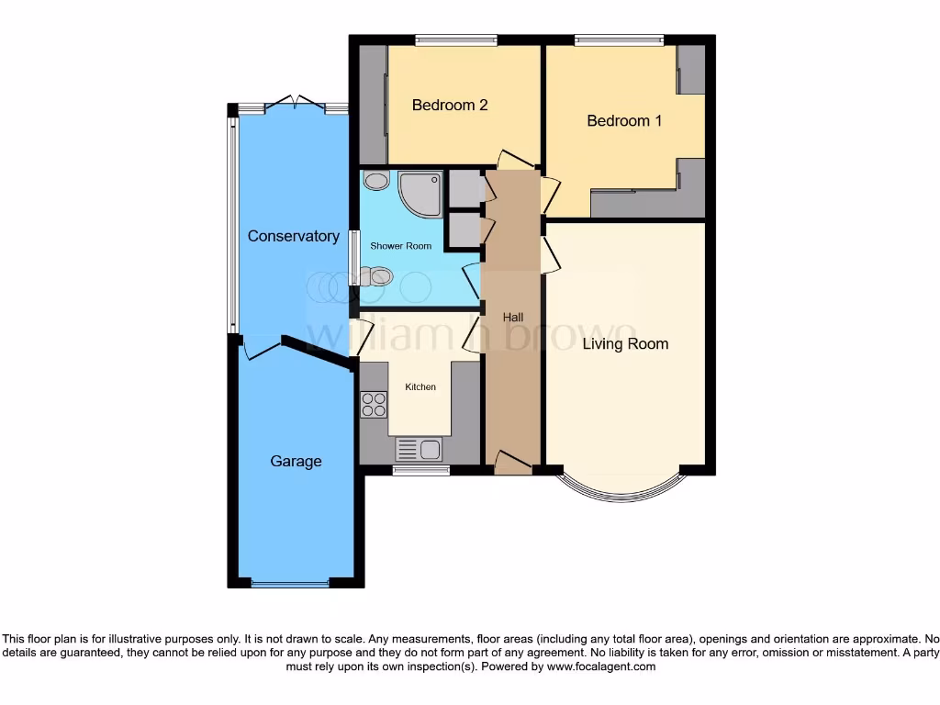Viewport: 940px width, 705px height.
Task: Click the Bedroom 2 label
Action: point(449,105)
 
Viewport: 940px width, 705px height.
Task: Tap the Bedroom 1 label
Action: point(624,120)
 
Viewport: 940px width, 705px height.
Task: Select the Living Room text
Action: point(625,344)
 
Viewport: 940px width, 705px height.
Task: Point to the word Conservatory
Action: point(293,236)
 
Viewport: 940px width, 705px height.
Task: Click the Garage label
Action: point(296,461)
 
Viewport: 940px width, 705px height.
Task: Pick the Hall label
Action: point(512,318)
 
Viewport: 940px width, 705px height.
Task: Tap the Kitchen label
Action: point(420,387)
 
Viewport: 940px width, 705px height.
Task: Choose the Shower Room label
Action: point(400,246)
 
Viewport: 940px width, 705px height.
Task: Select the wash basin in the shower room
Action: point(375,181)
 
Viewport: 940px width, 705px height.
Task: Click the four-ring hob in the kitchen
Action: point(374,405)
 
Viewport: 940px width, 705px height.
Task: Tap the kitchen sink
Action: point(419,449)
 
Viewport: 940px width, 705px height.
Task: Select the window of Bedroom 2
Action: point(455,39)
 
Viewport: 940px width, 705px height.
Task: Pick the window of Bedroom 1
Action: point(620,39)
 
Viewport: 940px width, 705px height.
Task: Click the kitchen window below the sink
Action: point(420,471)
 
